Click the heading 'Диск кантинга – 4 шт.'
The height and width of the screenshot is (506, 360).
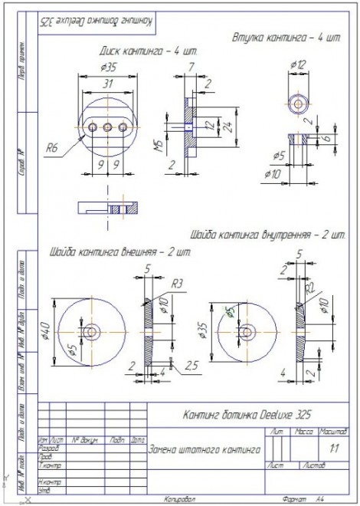click(x=149, y=50)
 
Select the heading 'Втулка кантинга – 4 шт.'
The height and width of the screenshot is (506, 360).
click(x=285, y=37)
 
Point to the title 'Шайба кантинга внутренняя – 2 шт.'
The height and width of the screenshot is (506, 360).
click(x=267, y=235)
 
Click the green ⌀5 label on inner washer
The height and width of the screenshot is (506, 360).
click(x=228, y=312)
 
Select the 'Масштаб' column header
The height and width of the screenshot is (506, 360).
click(x=334, y=433)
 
